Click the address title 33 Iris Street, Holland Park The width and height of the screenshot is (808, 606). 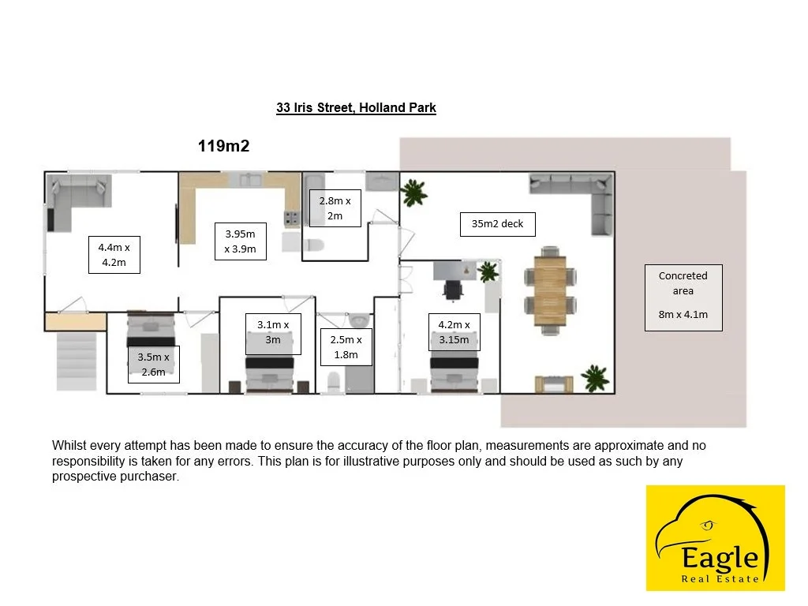(x=356, y=108)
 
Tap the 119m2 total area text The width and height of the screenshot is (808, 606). (x=223, y=145)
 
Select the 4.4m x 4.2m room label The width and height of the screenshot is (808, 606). (x=114, y=255)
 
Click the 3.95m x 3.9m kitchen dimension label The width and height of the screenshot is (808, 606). (x=241, y=241)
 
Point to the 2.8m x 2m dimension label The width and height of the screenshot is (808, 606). (x=335, y=208)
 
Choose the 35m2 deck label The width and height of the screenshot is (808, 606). (x=497, y=224)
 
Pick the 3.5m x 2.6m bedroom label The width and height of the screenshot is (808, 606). (x=153, y=364)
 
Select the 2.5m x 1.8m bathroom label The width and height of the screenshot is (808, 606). (x=346, y=347)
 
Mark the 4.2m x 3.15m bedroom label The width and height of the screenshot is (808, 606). (x=454, y=332)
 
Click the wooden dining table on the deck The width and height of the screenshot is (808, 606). (x=550, y=287)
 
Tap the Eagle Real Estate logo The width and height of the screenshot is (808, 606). (x=715, y=537)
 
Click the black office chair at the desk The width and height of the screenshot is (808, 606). (x=453, y=290)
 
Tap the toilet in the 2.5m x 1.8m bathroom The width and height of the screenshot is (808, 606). (x=333, y=383)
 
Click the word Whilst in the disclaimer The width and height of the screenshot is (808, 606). (x=69, y=446)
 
